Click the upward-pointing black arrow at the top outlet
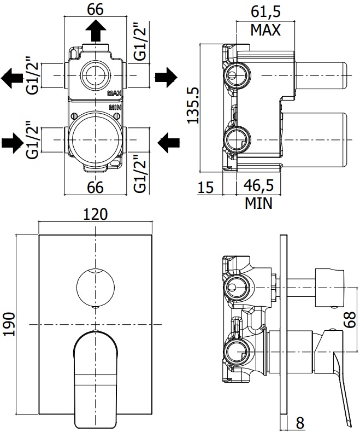coord(96,31)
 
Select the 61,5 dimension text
coord(265,11)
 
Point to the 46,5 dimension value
coord(258,186)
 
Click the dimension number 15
coord(205,188)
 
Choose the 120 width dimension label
coord(95,214)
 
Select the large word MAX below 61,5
coord(265,30)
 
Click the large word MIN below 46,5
coord(258,204)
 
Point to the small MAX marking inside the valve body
coord(115,93)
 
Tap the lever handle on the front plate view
coord(95,372)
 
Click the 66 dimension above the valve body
coord(96,9)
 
